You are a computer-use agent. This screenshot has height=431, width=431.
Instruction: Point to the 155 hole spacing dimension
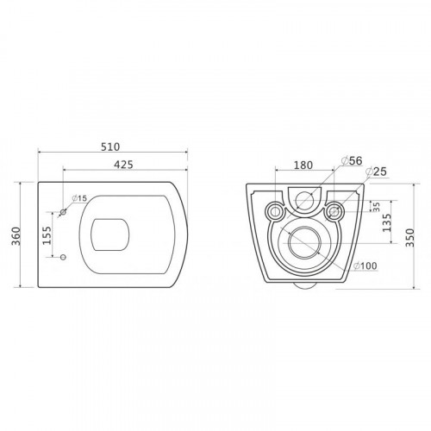click(49, 234)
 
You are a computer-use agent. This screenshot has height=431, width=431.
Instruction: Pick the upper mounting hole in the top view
click(63, 212)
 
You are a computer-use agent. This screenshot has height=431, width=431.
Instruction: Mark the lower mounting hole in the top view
click(63, 256)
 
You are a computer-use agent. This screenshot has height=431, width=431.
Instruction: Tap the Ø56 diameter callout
click(353, 160)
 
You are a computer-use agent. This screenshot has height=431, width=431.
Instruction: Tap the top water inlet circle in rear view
click(305, 202)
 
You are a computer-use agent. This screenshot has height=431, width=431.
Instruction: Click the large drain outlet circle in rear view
click(304, 244)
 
